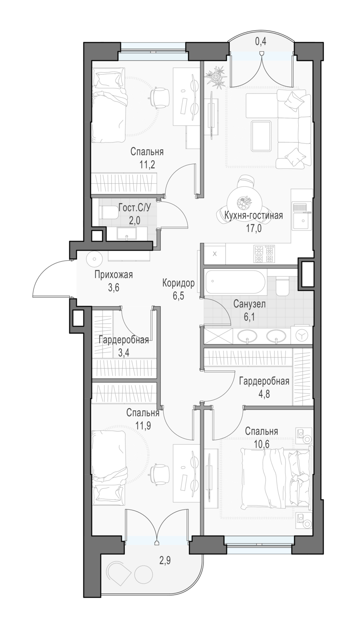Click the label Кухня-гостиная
coord(253,216)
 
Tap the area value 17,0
coord(253,228)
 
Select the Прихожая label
coord(114,275)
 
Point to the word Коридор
coord(178,283)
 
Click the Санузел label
coord(249,304)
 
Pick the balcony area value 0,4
coord(260,42)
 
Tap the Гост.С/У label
coord(134,208)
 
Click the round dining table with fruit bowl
coord(245,201)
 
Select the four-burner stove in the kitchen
coord(264,254)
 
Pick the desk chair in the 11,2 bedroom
coord(158,98)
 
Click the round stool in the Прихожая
coord(94,259)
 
